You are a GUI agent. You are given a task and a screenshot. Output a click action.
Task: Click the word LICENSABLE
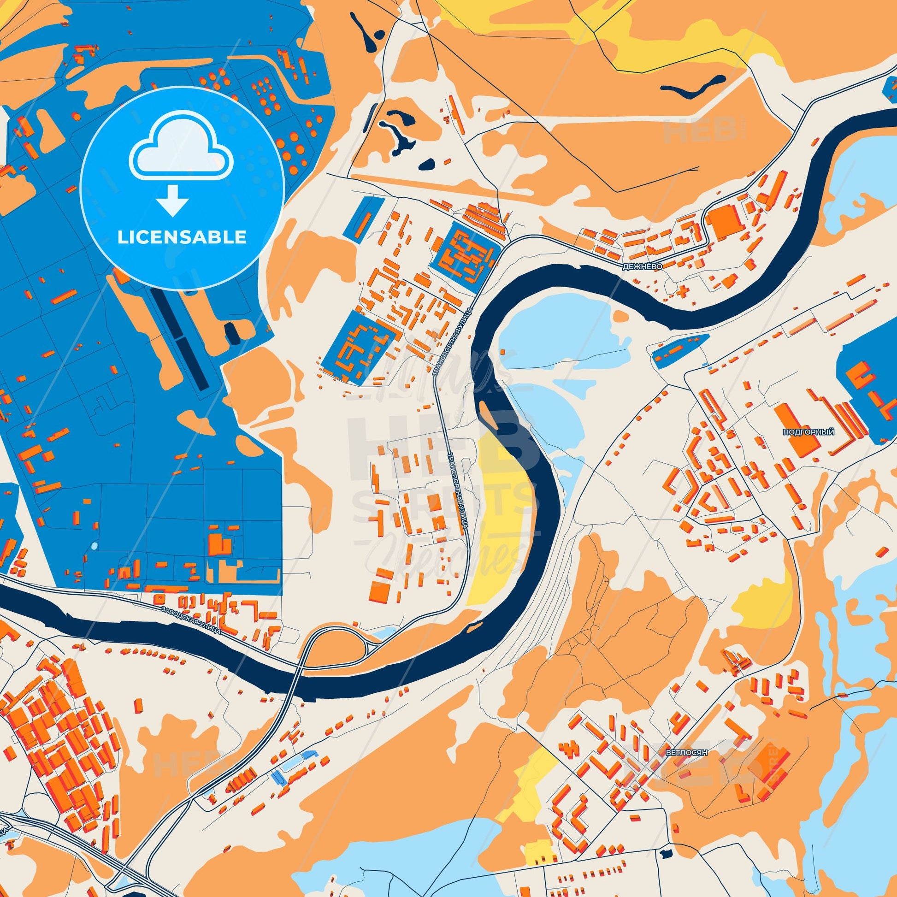182,237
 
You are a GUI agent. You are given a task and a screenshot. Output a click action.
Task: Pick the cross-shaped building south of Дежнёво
683,292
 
